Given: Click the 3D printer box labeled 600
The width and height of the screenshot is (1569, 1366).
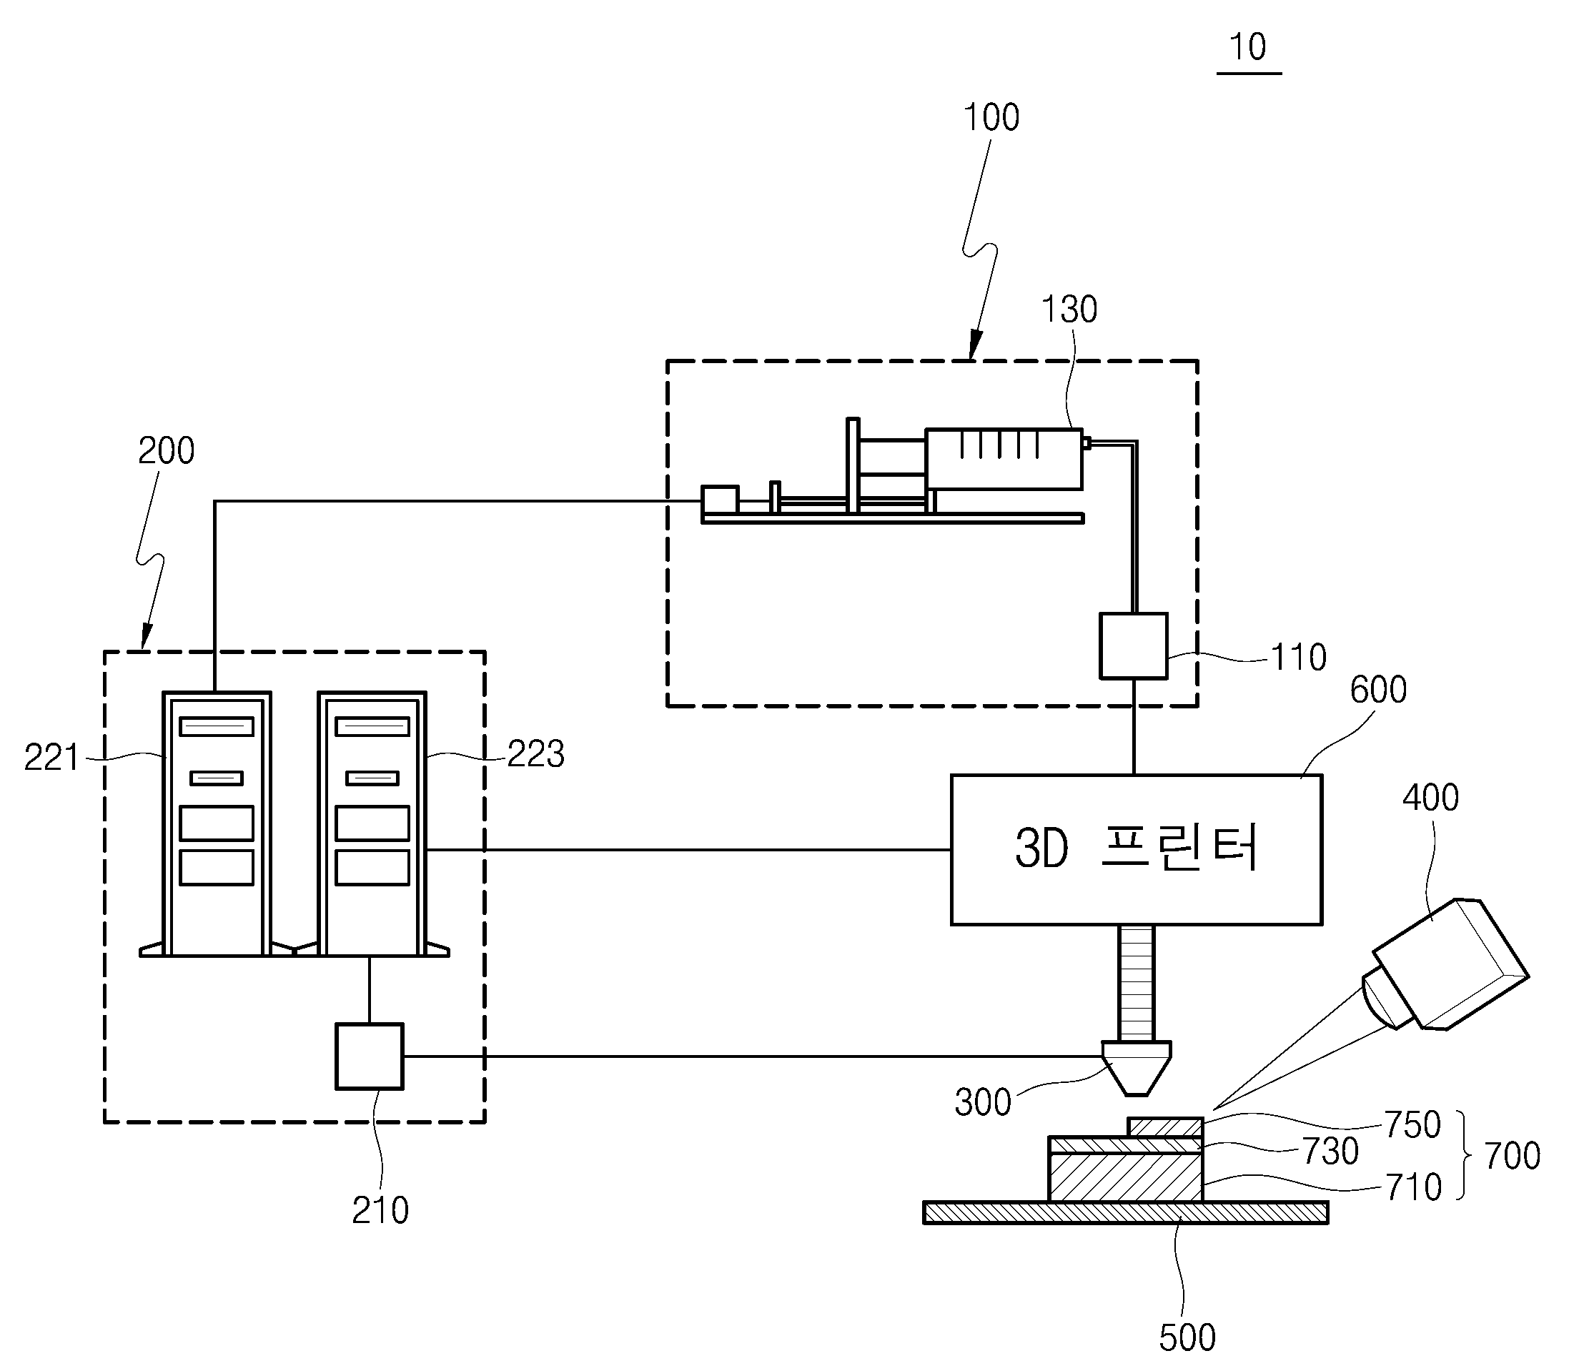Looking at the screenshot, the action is (1136, 850).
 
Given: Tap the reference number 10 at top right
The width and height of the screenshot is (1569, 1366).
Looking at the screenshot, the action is (1247, 47).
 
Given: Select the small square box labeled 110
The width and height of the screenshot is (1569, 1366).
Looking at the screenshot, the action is (1133, 645).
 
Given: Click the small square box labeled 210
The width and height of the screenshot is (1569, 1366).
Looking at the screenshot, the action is (370, 1056).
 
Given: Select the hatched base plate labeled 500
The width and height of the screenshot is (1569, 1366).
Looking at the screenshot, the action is (1125, 1212).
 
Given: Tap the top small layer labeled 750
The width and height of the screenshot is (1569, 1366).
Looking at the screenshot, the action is (1165, 1127).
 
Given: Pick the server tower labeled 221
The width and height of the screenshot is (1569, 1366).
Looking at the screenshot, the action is (217, 823).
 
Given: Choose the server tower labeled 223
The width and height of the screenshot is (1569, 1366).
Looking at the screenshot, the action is (372, 823).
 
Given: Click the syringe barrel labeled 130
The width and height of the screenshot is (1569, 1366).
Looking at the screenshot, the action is (1004, 459).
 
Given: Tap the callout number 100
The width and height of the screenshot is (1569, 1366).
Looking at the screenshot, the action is (991, 118).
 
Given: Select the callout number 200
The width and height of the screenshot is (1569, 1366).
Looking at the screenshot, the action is (167, 450).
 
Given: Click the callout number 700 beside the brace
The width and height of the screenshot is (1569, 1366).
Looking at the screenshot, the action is (1512, 1157).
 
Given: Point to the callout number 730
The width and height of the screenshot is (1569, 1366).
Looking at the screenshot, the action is (1330, 1151).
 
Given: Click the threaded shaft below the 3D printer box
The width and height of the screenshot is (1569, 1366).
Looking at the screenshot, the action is (1136, 983).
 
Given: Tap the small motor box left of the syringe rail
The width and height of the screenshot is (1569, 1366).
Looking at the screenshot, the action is (720, 500).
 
